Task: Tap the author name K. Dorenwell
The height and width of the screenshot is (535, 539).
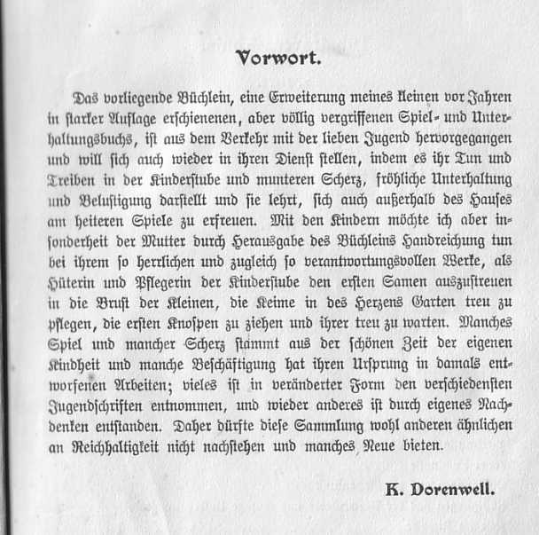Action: pos(441,487)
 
